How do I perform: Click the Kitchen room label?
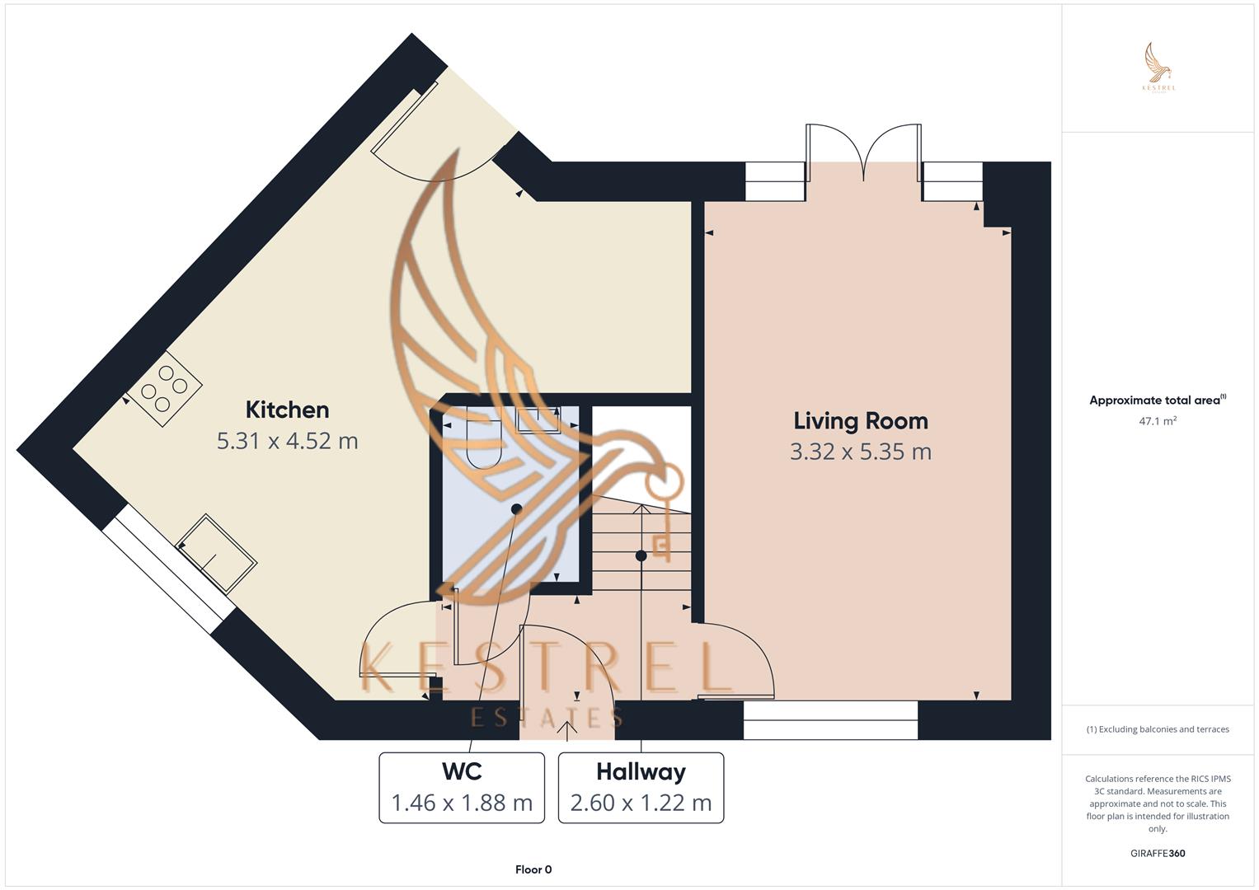[287, 410]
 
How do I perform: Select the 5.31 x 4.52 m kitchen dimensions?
[287, 441]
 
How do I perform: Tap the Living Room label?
[860, 421]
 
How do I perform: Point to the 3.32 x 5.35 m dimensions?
[860, 452]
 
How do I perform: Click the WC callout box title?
[461, 771]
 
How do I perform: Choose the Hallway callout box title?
[641, 771]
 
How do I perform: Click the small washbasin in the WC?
[538, 419]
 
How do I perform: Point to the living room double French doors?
[863, 152]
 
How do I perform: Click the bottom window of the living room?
[829, 719]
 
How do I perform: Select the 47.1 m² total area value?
[1157, 421]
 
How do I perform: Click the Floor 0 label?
[533, 869]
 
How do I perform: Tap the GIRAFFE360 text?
[1157, 853]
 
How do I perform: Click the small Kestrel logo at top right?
[1158, 68]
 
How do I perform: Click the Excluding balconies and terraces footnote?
[1157, 729]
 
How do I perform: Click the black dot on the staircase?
[641, 556]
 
